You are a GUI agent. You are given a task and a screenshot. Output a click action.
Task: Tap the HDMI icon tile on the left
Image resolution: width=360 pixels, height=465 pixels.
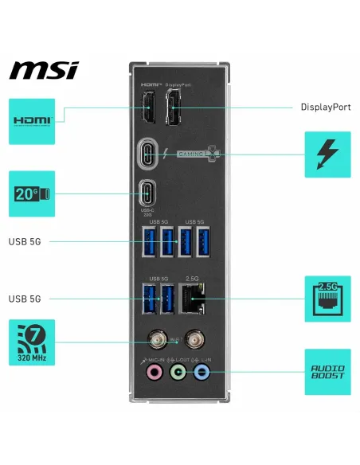(x=32, y=121)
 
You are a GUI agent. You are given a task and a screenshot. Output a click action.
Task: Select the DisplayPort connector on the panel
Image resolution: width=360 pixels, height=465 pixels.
(x=174, y=107)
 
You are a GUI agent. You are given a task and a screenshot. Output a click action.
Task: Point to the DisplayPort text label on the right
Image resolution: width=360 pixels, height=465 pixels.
(x=325, y=107)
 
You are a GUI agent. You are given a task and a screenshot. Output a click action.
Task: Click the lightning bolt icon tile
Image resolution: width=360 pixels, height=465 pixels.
(x=327, y=154)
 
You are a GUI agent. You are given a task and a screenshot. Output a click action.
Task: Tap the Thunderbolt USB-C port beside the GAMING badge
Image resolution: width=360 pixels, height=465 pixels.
(x=148, y=154)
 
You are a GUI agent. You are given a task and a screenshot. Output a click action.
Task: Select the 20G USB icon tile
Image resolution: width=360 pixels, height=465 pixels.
(x=32, y=193)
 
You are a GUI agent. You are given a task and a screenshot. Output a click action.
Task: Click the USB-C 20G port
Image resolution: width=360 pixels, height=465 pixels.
(x=148, y=193)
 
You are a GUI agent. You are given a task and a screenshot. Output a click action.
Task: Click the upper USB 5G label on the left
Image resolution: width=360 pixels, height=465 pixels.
(x=25, y=240)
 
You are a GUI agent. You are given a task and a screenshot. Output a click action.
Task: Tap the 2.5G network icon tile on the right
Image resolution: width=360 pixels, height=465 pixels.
(x=327, y=299)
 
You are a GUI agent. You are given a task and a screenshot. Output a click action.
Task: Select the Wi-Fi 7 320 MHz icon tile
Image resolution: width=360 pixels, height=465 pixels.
(x=32, y=342)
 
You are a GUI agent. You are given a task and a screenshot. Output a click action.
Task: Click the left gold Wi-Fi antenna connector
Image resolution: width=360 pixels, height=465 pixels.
(x=154, y=340)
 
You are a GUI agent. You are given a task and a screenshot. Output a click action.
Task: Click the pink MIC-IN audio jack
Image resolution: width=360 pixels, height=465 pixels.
(x=149, y=371)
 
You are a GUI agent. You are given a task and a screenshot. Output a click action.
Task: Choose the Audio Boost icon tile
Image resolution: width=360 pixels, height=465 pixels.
(x=327, y=371)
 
